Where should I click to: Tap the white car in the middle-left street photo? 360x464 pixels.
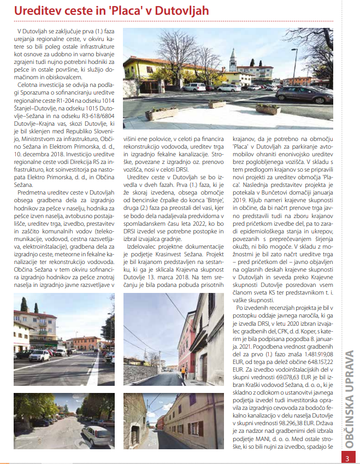39,356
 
